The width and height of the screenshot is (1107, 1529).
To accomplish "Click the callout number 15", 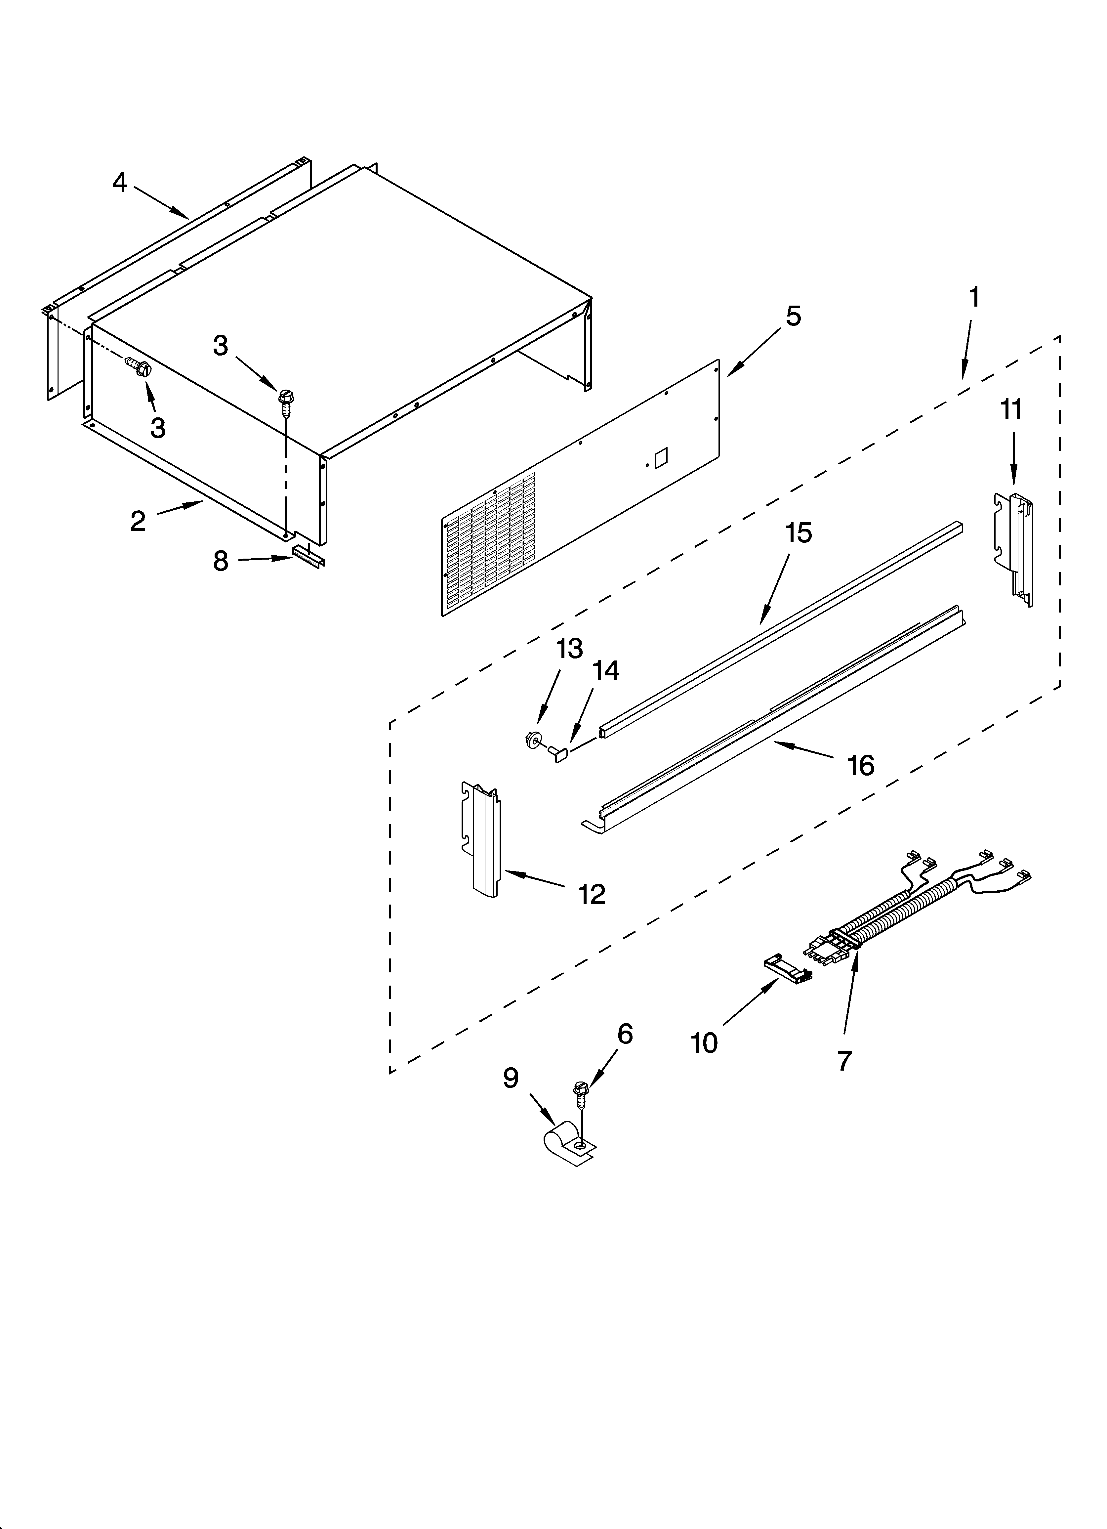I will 798,533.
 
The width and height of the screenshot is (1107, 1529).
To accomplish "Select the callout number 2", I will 138,521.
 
